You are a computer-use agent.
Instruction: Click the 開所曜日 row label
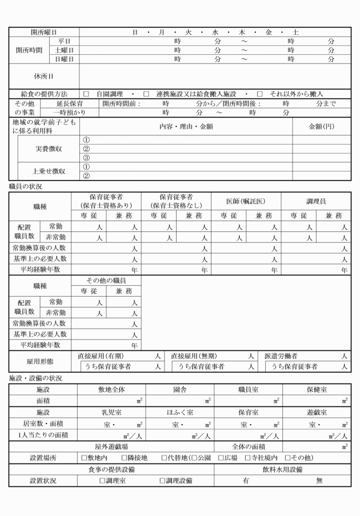tap(44, 32)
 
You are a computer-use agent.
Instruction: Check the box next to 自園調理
tap(86, 94)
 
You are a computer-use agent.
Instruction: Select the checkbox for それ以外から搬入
tap(260, 94)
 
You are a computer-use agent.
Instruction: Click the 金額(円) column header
tap(321, 126)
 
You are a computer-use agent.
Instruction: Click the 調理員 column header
tap(316, 202)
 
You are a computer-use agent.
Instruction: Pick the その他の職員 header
tap(106, 281)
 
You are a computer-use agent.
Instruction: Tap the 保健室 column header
tap(316, 389)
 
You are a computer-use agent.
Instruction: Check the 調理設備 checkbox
tap(162, 481)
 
